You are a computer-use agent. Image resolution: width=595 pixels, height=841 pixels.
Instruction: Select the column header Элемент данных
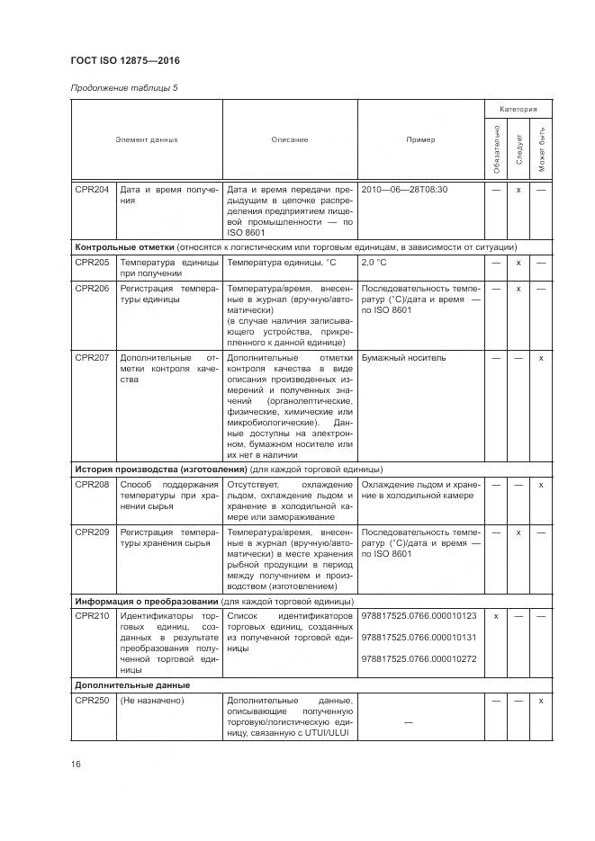(147, 139)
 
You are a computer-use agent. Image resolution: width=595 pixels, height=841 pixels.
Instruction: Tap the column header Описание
(290, 139)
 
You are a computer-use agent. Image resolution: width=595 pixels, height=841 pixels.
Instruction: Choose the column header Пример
(419, 139)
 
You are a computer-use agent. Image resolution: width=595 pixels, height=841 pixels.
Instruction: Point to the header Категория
(518, 109)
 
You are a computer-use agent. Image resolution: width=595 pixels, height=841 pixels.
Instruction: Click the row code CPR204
(93, 190)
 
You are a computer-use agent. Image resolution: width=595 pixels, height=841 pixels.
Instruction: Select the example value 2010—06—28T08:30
(404, 190)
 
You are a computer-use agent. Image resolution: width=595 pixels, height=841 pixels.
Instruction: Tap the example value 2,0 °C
(374, 262)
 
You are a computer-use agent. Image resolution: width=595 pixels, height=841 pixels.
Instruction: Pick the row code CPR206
(93, 289)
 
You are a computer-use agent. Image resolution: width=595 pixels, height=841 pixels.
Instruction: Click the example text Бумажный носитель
(403, 357)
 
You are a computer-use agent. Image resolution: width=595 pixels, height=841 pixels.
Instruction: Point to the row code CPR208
(93, 485)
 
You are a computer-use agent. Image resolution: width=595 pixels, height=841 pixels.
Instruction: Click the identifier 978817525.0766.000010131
(419, 637)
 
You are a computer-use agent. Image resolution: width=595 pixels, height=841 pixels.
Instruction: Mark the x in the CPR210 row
(496, 616)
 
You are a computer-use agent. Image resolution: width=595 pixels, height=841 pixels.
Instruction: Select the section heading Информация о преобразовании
(147, 601)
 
